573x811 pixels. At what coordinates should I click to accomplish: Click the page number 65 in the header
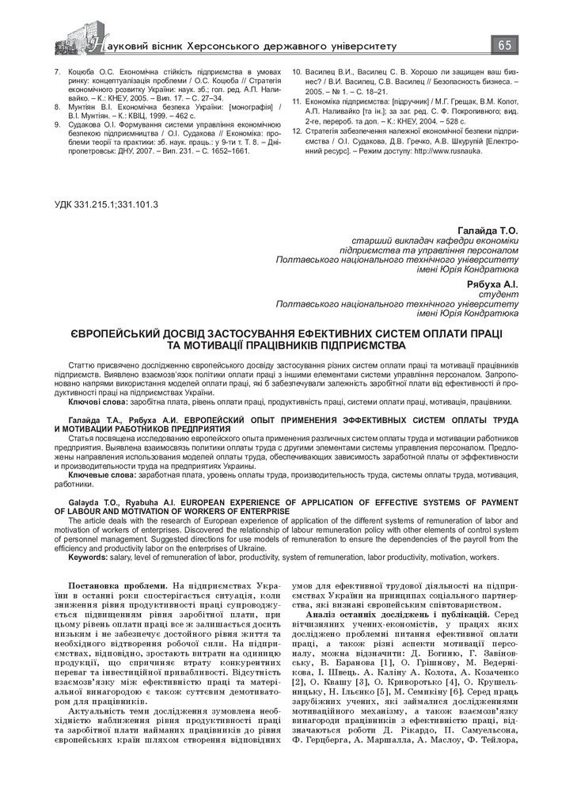(504, 45)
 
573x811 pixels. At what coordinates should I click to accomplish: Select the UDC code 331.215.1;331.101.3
(106, 204)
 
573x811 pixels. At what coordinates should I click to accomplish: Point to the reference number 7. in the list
(58, 71)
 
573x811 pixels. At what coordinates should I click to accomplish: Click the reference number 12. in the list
(298, 130)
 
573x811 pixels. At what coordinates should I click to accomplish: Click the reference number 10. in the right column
(298, 71)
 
